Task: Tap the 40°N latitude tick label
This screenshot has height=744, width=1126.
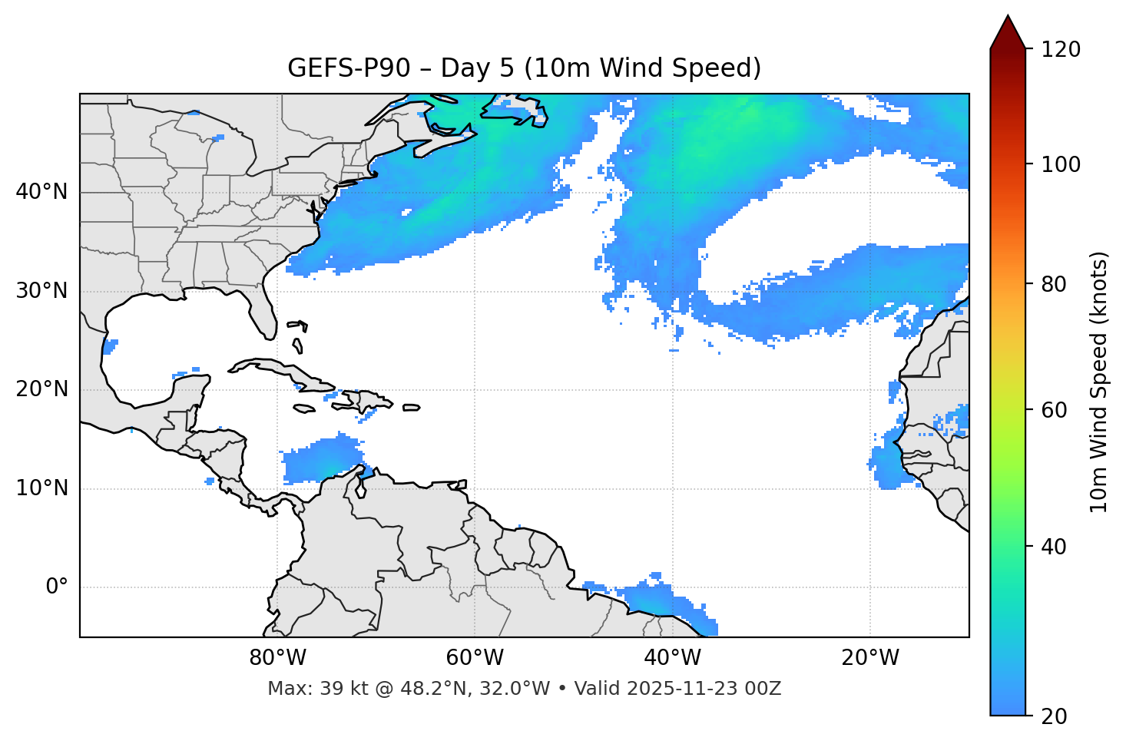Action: coord(41,192)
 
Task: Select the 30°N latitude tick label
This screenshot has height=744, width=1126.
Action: coord(41,291)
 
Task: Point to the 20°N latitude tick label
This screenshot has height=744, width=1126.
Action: coord(41,389)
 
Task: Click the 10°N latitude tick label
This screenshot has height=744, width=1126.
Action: coord(41,488)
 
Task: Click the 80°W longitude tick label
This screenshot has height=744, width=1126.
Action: coord(277,658)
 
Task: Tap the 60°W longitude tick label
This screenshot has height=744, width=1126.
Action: coord(475,658)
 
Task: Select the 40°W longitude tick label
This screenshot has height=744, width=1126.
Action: coord(672,658)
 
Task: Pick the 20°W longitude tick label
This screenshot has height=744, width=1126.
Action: coord(869,658)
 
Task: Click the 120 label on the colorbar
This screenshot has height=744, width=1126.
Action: coord(1060,50)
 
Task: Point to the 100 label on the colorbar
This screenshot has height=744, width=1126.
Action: coord(1060,164)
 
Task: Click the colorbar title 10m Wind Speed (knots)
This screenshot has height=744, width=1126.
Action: coord(1099,382)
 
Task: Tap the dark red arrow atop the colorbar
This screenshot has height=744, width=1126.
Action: coord(1008,33)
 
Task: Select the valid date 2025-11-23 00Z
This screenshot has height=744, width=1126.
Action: coord(704,689)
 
